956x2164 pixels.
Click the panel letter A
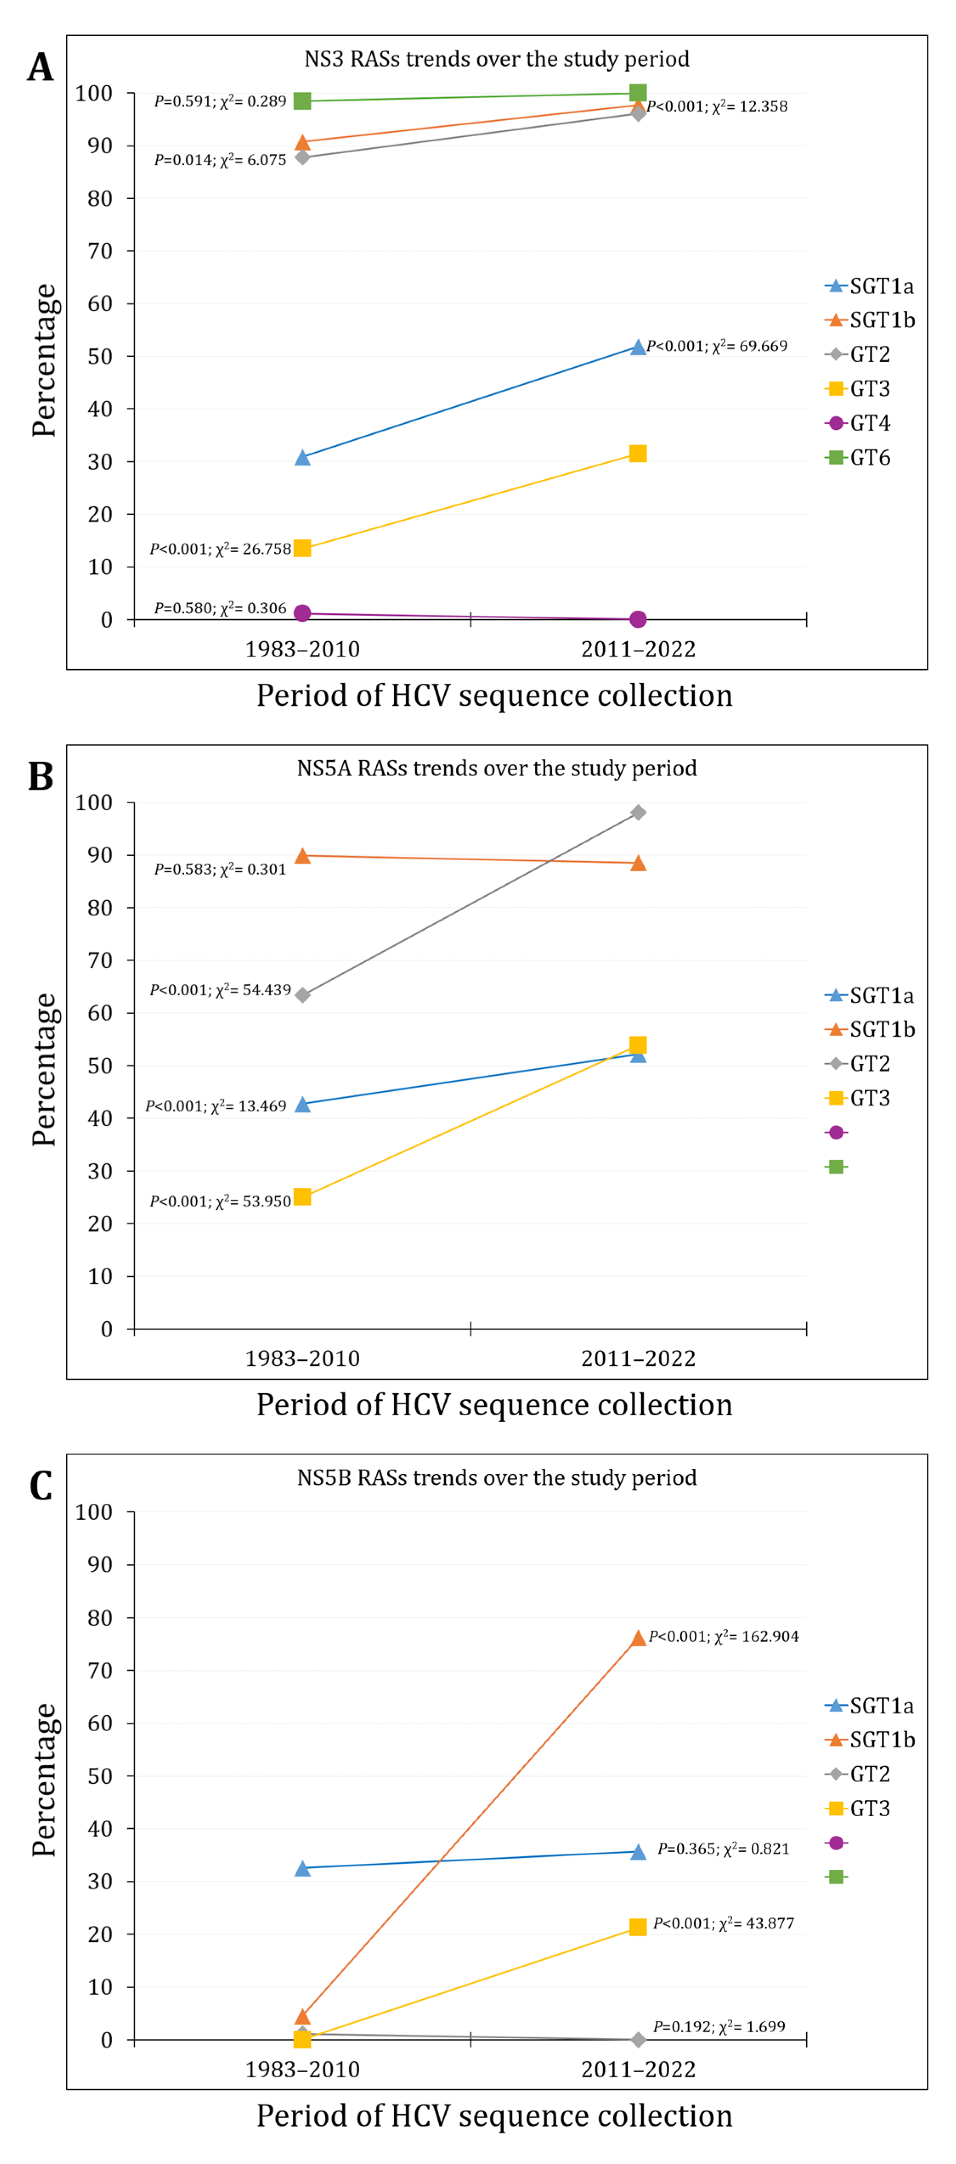click(40, 67)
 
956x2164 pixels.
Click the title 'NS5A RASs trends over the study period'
click(496, 768)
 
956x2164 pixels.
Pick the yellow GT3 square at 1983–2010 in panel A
click(302, 549)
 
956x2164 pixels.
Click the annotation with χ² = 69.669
click(716, 346)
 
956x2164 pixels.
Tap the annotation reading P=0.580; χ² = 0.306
click(220, 608)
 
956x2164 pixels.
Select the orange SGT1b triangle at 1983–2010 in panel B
click(302, 856)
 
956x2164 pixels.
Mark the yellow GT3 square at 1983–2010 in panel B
click(302, 1197)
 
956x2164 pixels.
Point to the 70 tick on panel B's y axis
click(100, 960)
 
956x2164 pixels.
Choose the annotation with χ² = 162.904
click(723, 1637)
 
